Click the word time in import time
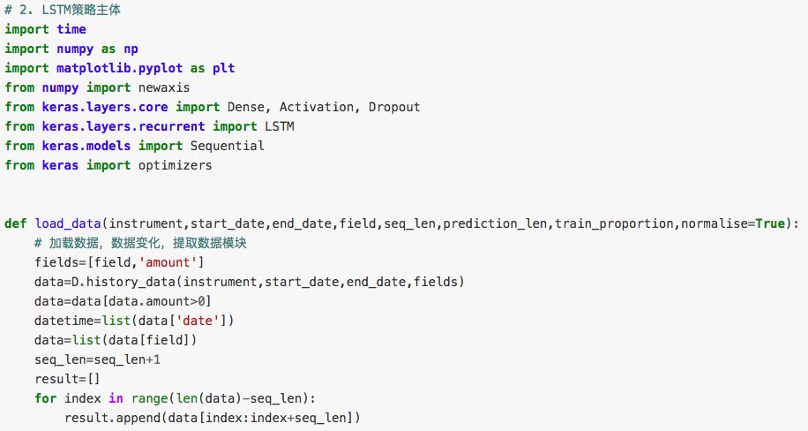coord(71,29)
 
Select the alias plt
coord(223,68)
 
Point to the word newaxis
coord(164,87)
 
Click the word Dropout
coord(394,107)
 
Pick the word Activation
coord(313,107)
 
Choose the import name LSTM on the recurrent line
coord(280,126)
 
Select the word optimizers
coord(176,165)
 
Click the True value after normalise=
coord(769,223)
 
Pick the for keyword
coord(46,398)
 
